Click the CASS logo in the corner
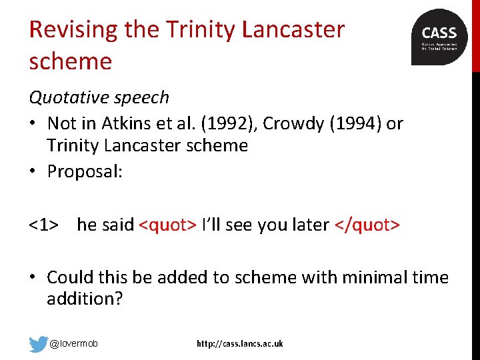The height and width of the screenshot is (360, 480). [x=439, y=37]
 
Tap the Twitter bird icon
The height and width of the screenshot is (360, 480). [x=39, y=344]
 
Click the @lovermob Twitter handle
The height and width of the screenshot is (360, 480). [x=74, y=344]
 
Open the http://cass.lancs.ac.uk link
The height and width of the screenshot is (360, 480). [x=239, y=344]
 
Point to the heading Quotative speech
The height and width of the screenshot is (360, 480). [x=99, y=97]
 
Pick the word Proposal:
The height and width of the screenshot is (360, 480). [x=85, y=171]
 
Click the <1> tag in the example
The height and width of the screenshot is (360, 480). [x=42, y=225]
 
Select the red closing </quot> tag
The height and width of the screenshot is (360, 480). [x=367, y=225]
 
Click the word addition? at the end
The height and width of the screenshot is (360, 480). [x=85, y=299]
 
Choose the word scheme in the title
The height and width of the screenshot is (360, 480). [x=70, y=61]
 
